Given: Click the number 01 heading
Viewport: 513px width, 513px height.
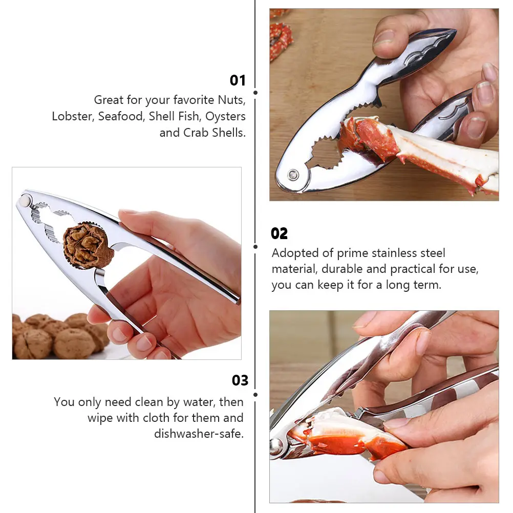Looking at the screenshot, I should pos(238,80).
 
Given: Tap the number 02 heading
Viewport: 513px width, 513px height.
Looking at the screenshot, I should pos(279,233).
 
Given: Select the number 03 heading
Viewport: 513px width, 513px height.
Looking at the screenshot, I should pos(240,380).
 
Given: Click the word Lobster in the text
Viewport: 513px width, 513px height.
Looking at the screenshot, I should pos(72,116).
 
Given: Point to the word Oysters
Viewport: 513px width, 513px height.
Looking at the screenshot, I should pos(226,116).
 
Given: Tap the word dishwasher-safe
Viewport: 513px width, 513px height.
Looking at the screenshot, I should pos(199,434).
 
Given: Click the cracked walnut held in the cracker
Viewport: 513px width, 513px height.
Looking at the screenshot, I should pos(88,245).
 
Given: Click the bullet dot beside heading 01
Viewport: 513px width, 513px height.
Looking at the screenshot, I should pos(255,93).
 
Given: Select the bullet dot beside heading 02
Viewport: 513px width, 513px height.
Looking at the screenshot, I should pos(255,246).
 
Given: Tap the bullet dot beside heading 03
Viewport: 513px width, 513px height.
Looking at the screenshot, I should pos(255,394).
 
